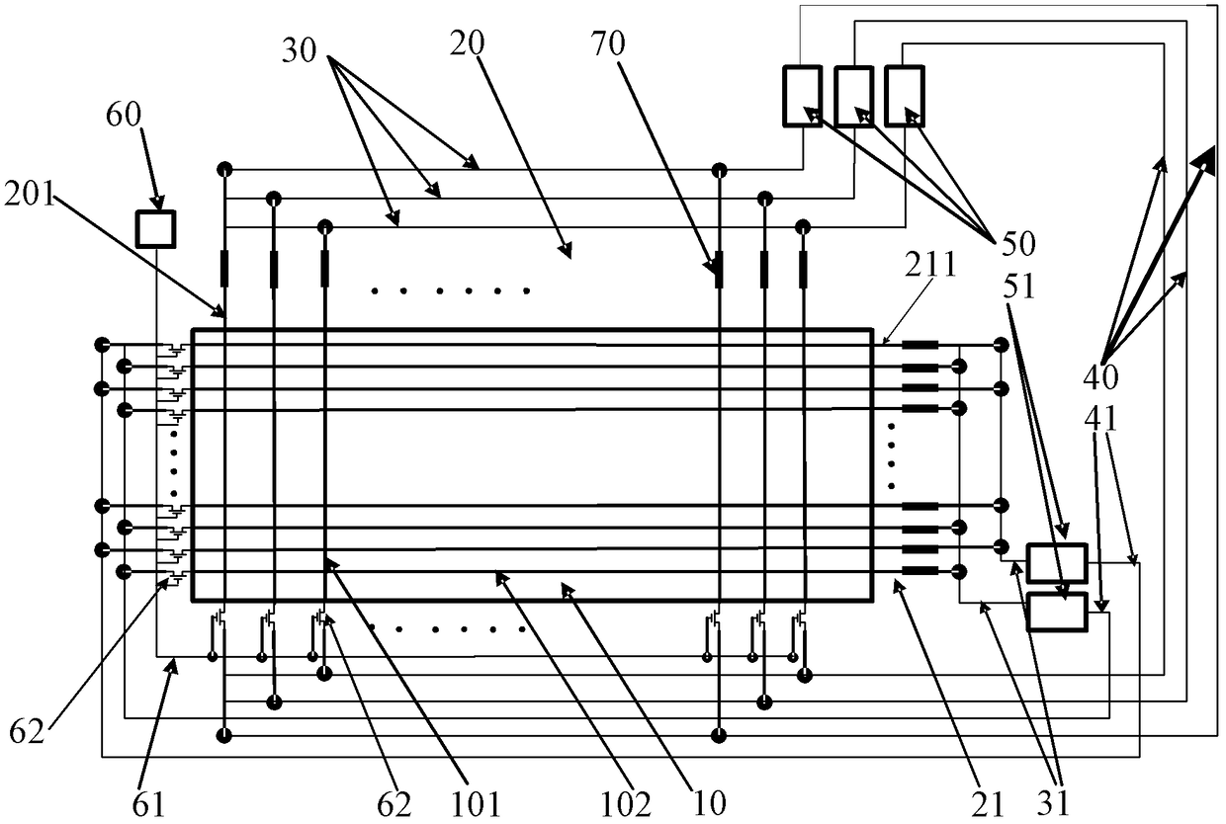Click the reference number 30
pos(300,50)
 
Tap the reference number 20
pos(468,43)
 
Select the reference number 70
pos(607,43)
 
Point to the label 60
pos(124,115)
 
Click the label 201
pos(30,194)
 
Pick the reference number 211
pos(930,264)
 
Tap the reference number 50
pos(1018,243)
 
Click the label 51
pos(1019,286)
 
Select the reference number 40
pos(1100,377)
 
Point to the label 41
pos(1101,419)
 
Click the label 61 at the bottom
pos(148,804)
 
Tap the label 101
pos(475,804)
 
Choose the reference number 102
pos(626,804)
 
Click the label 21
pos(988,804)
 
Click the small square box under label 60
pos(155,229)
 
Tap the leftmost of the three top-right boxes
pos(803,96)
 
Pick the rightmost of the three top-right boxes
pos(904,96)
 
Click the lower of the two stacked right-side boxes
pos(1056,612)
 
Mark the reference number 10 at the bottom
pos(709,804)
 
